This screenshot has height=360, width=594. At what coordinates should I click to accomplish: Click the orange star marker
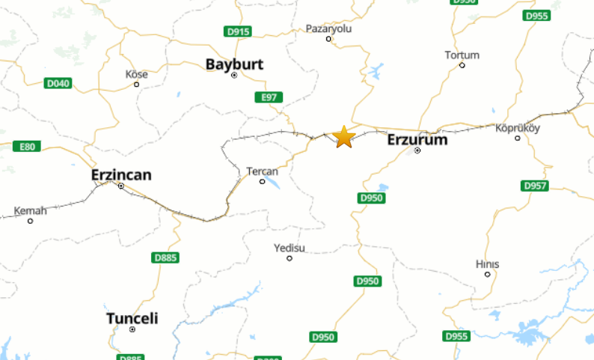click(343, 137)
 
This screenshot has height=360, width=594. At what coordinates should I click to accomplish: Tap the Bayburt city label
click(234, 64)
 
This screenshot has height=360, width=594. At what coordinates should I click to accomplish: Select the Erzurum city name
click(417, 139)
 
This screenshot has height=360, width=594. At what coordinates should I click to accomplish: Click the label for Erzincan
click(121, 174)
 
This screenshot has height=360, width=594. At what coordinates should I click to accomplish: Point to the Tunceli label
click(132, 318)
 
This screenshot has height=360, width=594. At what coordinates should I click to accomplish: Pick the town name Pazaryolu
click(328, 28)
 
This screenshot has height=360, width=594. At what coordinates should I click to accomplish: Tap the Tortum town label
click(462, 55)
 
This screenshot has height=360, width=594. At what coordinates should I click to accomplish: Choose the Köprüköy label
click(518, 127)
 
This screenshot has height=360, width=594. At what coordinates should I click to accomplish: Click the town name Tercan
click(262, 171)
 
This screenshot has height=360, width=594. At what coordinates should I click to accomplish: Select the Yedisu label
click(290, 248)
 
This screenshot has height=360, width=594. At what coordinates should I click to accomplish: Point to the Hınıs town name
click(487, 264)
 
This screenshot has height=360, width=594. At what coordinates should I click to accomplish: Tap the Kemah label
click(30, 210)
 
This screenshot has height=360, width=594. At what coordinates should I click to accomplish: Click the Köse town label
click(137, 74)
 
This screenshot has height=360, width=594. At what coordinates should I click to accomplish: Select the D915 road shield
click(238, 31)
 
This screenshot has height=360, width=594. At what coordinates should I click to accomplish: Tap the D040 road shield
click(58, 83)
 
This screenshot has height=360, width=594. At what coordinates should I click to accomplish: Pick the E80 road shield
click(27, 147)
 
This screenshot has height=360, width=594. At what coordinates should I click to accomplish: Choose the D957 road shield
click(534, 186)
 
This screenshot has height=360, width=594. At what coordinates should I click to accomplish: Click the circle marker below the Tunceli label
click(132, 329)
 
